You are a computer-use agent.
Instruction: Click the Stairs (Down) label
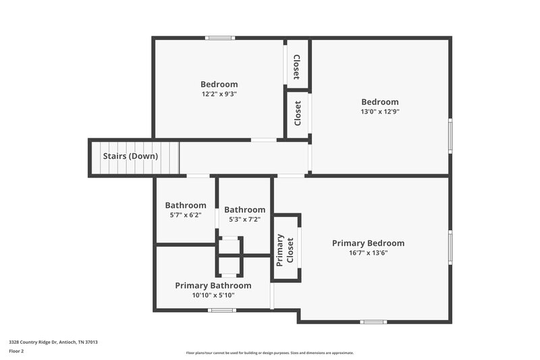tap(130, 156)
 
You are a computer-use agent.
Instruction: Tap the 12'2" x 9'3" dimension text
tap(219, 94)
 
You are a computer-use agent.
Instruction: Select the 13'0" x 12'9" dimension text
tap(380, 111)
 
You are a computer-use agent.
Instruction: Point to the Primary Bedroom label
tap(368, 243)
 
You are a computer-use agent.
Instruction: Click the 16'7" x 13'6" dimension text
tap(368, 253)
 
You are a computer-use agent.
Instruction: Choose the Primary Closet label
tap(285, 248)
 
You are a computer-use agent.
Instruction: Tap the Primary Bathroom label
tap(213, 286)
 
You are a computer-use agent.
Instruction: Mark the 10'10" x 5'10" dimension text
tap(213, 295)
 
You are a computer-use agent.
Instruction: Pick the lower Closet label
tap(298, 113)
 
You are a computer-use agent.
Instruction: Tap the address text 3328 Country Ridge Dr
tap(53, 342)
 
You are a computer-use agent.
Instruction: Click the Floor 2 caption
tap(17, 351)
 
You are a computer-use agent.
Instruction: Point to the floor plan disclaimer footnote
tap(270, 353)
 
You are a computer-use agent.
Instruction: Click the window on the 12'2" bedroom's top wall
tap(220, 38)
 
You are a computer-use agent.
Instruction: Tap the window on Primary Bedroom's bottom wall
tap(373, 322)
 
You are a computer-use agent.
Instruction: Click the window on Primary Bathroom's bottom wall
tap(221, 310)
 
